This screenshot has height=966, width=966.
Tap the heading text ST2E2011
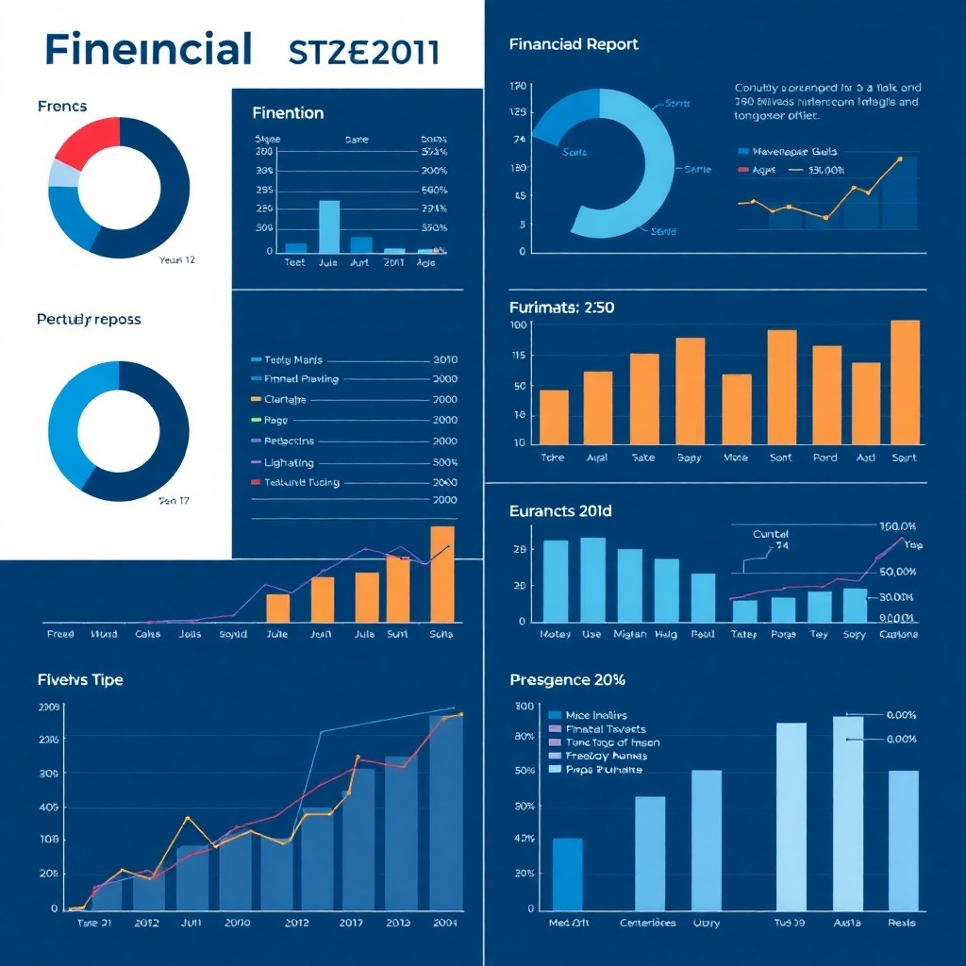[x=363, y=51]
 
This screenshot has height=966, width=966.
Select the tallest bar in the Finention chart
[x=328, y=227]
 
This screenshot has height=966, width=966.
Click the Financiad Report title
[x=573, y=44]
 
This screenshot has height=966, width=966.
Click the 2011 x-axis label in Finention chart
[x=393, y=263]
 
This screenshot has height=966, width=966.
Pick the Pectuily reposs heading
[x=89, y=320]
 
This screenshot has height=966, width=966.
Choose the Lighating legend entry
[x=289, y=463]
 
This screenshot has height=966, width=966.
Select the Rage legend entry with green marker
[x=275, y=421]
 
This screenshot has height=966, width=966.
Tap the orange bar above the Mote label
[x=736, y=408]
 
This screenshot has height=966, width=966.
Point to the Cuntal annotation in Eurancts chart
[x=770, y=534]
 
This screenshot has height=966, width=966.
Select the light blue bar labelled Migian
[x=629, y=585]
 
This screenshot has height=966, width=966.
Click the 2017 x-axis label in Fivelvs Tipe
[x=351, y=923]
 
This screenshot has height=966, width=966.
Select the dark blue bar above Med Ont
[x=567, y=873]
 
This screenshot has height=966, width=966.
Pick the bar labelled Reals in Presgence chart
[x=903, y=840]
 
